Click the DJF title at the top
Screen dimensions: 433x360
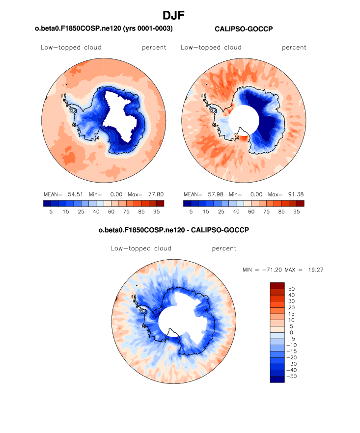[x=180, y=16]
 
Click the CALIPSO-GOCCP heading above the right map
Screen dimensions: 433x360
[x=244, y=29]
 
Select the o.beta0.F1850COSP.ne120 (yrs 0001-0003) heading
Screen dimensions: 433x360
[x=104, y=29]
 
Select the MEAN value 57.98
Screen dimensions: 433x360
[x=215, y=194]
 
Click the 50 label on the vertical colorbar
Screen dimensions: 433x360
[x=291, y=288]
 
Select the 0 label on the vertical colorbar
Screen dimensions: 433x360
[x=291, y=332]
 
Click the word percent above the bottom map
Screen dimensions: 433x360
[x=224, y=248]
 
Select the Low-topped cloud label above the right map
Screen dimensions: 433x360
[x=211, y=48]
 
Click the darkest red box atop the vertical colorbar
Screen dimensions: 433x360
[x=277, y=285]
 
